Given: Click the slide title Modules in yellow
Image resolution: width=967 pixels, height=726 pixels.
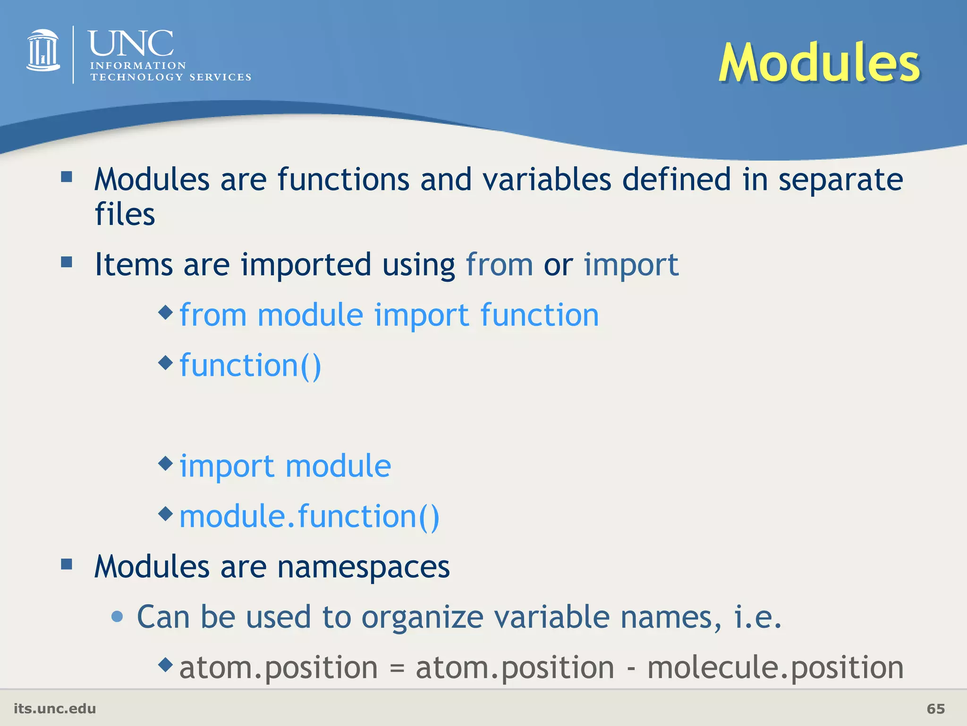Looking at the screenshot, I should [819, 63].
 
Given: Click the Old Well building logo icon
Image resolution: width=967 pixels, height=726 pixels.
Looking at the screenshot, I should [43, 51].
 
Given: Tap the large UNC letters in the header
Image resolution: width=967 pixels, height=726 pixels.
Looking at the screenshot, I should [131, 43].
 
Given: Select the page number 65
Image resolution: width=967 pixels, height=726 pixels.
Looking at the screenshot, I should [935, 709].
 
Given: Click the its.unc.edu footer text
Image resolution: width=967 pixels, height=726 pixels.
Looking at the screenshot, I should [55, 709].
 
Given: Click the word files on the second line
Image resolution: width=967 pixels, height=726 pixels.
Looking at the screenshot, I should [125, 214].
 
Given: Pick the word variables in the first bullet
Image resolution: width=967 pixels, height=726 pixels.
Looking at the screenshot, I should [547, 180].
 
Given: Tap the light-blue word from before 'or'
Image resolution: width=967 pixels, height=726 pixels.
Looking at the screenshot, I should [499, 265].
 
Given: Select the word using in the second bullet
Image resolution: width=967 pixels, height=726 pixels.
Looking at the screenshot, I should [418, 265].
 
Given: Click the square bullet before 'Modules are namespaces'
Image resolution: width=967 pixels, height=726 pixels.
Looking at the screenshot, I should [67, 564].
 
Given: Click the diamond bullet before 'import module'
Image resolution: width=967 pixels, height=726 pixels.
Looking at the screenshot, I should [166, 463].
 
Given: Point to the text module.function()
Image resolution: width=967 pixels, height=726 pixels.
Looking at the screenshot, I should [309, 516].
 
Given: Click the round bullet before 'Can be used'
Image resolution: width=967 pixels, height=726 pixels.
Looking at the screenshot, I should [117, 616].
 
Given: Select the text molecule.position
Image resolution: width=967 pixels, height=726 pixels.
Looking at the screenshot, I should [775, 667].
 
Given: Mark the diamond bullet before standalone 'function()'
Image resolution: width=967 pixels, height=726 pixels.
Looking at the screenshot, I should [166, 363].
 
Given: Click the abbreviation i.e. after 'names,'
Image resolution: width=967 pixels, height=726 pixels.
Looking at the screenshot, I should [757, 617].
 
